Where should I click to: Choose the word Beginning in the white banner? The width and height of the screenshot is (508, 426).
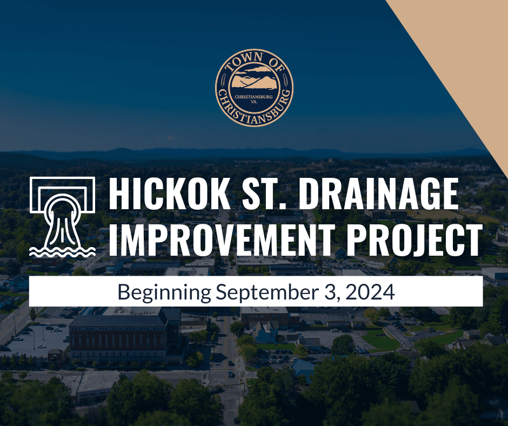click(x=164, y=292)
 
